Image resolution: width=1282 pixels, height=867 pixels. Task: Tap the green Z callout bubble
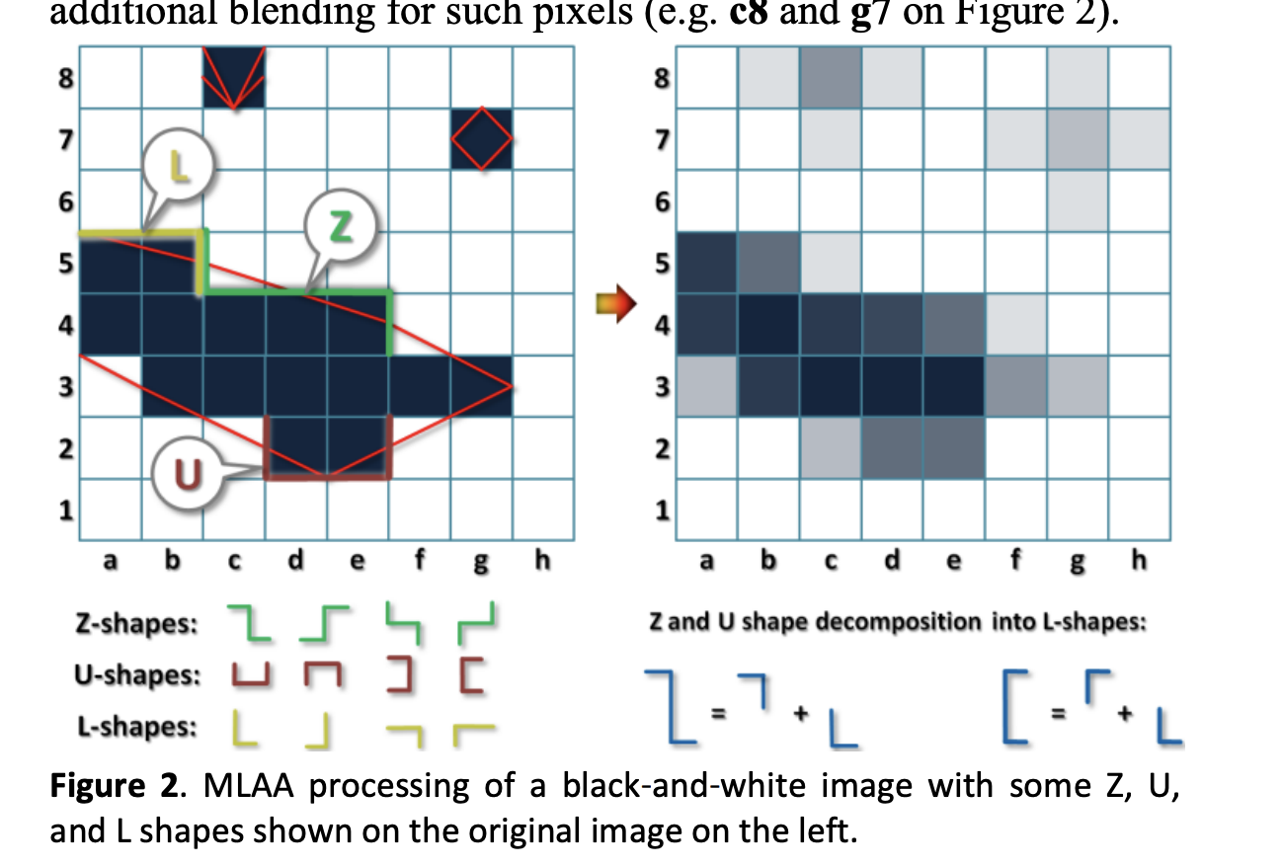[338, 229]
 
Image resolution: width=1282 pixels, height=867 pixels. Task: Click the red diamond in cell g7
[482, 138]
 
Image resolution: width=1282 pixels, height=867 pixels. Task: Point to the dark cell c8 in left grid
[234, 77]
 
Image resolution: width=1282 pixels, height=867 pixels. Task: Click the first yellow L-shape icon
[243, 729]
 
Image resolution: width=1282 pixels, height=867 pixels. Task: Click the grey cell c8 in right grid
[829, 77]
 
